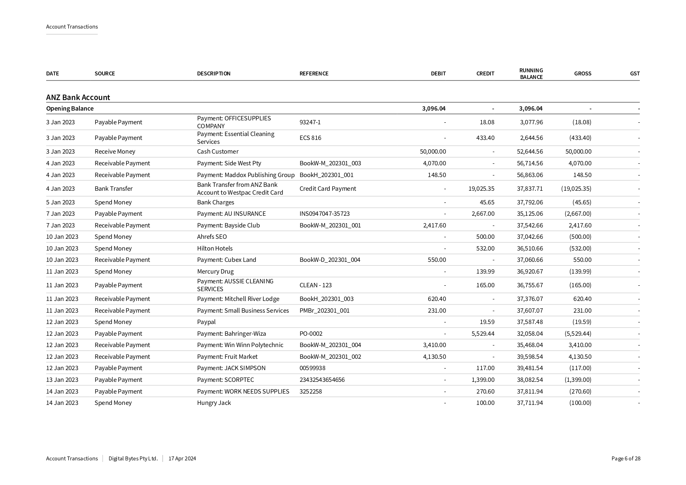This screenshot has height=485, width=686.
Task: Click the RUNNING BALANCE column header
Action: [531, 73]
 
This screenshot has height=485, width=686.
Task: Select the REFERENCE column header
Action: [314, 73]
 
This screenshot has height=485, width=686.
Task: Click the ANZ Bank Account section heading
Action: [78, 97]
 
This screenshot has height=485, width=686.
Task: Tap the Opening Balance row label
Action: [70, 109]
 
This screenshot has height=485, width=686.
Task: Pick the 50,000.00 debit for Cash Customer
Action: [433, 152]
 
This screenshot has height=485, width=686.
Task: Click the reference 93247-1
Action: [310, 122]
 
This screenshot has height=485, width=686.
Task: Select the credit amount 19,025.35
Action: [481, 189]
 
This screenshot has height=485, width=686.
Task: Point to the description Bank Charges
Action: [215, 202]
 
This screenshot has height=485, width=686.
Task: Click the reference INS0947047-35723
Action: [324, 214]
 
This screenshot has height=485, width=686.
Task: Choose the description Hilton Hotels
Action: [215, 249]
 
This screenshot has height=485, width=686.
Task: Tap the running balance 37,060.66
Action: [530, 260]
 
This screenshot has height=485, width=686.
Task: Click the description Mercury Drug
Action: [215, 272]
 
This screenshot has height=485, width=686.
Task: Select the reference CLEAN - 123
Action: [315, 285]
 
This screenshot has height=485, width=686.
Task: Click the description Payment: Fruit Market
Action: [227, 357]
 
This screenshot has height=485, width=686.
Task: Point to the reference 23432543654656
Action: [322, 380]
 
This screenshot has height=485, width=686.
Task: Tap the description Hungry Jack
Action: [214, 403]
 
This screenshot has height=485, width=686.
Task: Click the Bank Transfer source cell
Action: [113, 189]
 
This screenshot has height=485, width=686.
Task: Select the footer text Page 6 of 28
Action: [626, 459]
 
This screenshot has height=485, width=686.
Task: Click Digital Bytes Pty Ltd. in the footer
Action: [133, 459]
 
